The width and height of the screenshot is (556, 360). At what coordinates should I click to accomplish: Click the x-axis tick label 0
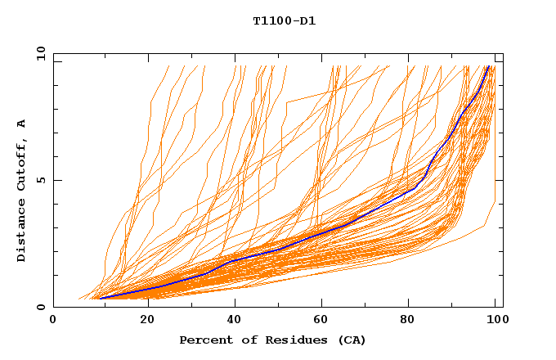(53, 320)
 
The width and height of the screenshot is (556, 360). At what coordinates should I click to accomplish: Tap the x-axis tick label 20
(146, 320)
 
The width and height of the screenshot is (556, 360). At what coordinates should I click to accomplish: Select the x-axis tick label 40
(235, 320)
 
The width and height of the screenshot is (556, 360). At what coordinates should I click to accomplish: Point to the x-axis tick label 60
(325, 320)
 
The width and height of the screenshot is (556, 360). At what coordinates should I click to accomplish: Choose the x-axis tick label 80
(414, 320)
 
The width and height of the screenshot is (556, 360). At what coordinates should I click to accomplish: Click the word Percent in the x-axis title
(204, 340)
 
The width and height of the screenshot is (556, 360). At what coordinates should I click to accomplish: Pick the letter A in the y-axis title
(21, 123)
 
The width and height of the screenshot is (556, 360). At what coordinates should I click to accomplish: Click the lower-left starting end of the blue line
(99, 299)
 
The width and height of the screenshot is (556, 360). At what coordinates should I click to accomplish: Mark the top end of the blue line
(488, 66)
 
